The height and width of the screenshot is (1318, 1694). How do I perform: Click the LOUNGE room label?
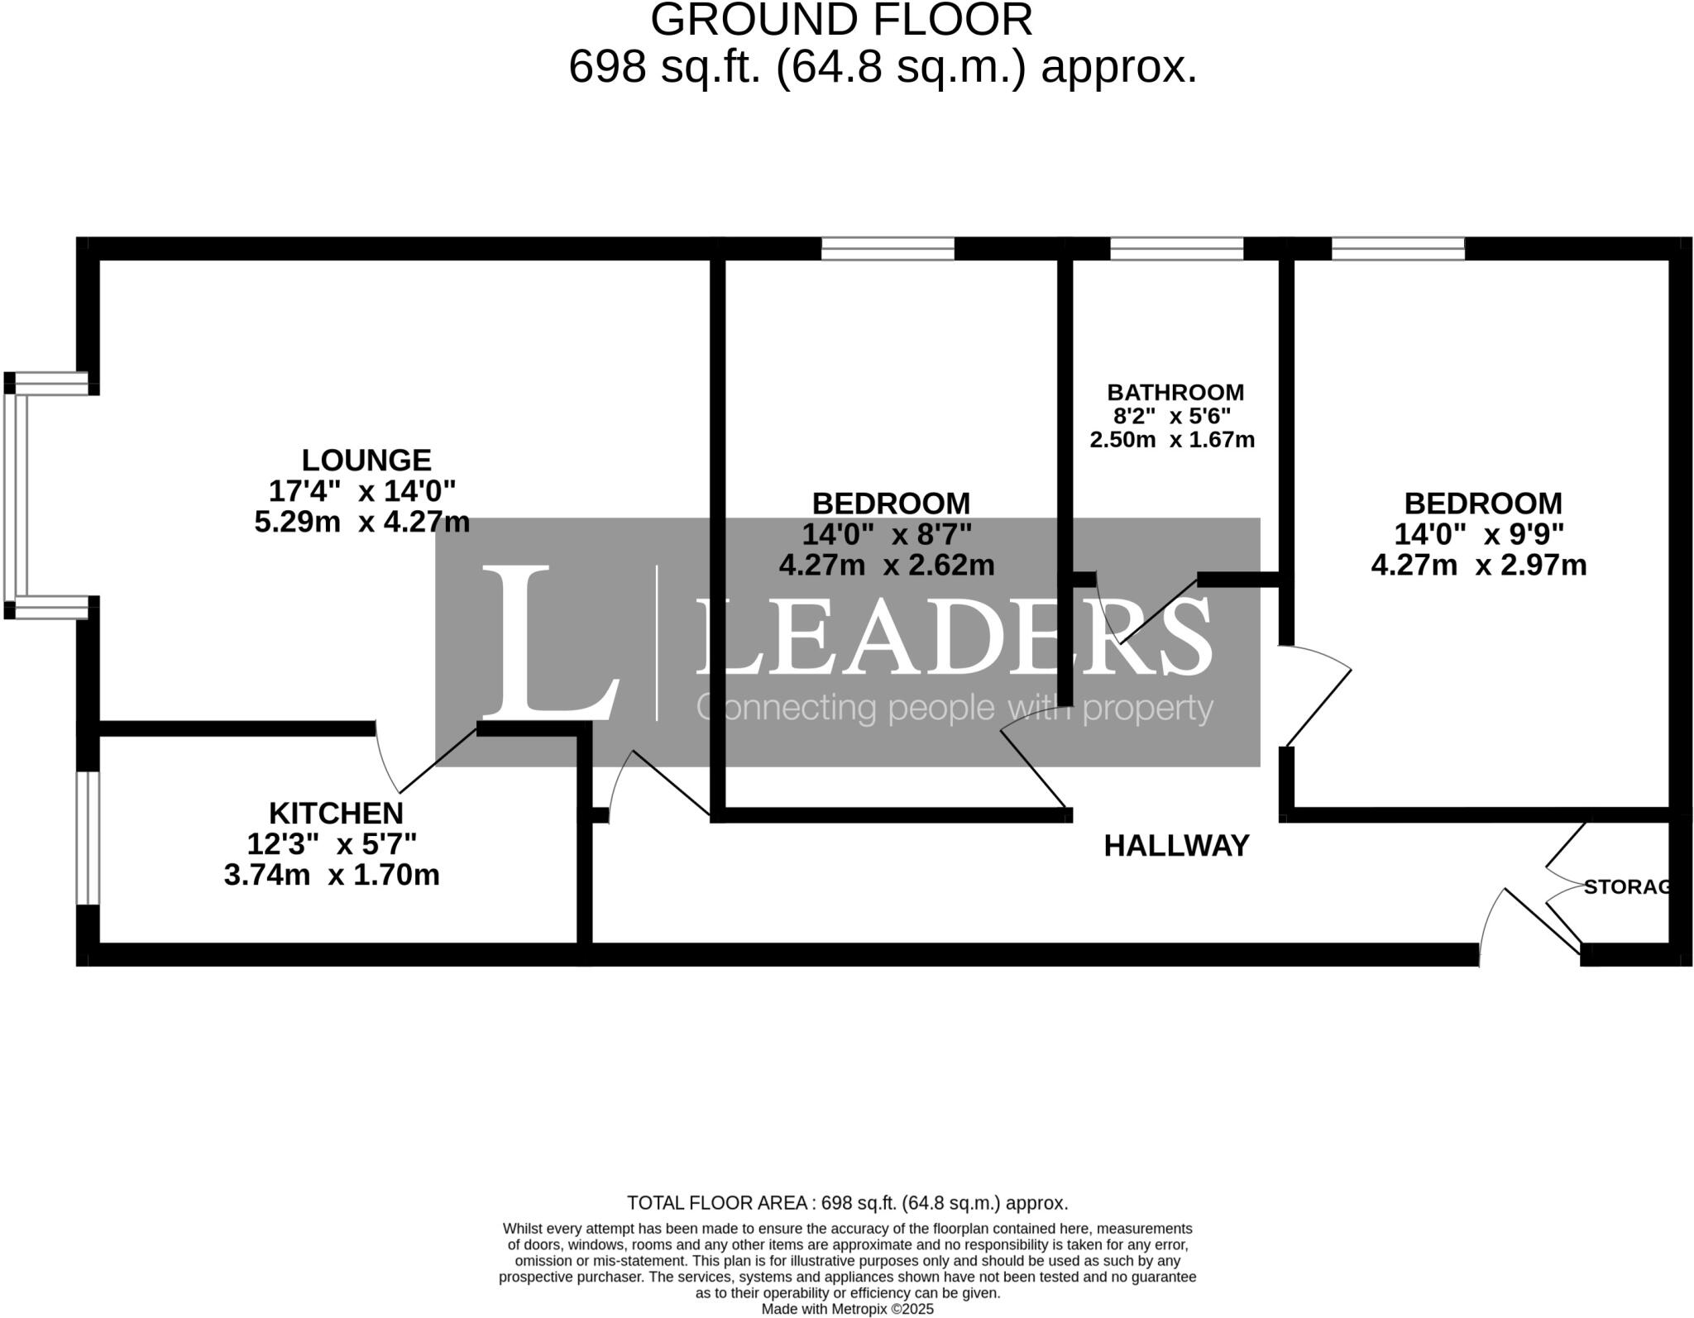click(x=366, y=460)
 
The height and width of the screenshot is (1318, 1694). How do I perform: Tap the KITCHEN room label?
click(x=336, y=813)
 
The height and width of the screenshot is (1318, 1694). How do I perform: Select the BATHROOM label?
click(x=1175, y=392)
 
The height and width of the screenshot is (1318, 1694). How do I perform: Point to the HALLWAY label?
click(x=1176, y=846)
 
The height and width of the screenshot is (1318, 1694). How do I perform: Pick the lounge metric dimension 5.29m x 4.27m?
click(x=361, y=523)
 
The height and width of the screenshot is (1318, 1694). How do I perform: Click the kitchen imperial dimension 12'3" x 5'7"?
click(x=332, y=844)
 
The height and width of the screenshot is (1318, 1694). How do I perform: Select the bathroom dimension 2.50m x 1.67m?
click(x=1171, y=440)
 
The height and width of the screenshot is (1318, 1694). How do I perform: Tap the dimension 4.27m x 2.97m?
click(x=1478, y=566)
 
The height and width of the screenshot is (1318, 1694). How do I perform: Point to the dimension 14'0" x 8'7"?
click(x=887, y=534)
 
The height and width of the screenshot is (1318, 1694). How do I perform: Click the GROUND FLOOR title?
click(x=841, y=20)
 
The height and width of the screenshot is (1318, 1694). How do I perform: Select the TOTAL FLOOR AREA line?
click(x=847, y=1203)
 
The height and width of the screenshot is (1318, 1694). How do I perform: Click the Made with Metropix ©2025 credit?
click(x=847, y=1310)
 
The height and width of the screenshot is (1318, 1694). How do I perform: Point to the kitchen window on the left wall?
click(x=88, y=838)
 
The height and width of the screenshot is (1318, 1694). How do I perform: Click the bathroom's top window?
click(x=1175, y=248)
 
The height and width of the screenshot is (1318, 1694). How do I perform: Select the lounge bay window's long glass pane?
click(x=16, y=496)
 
